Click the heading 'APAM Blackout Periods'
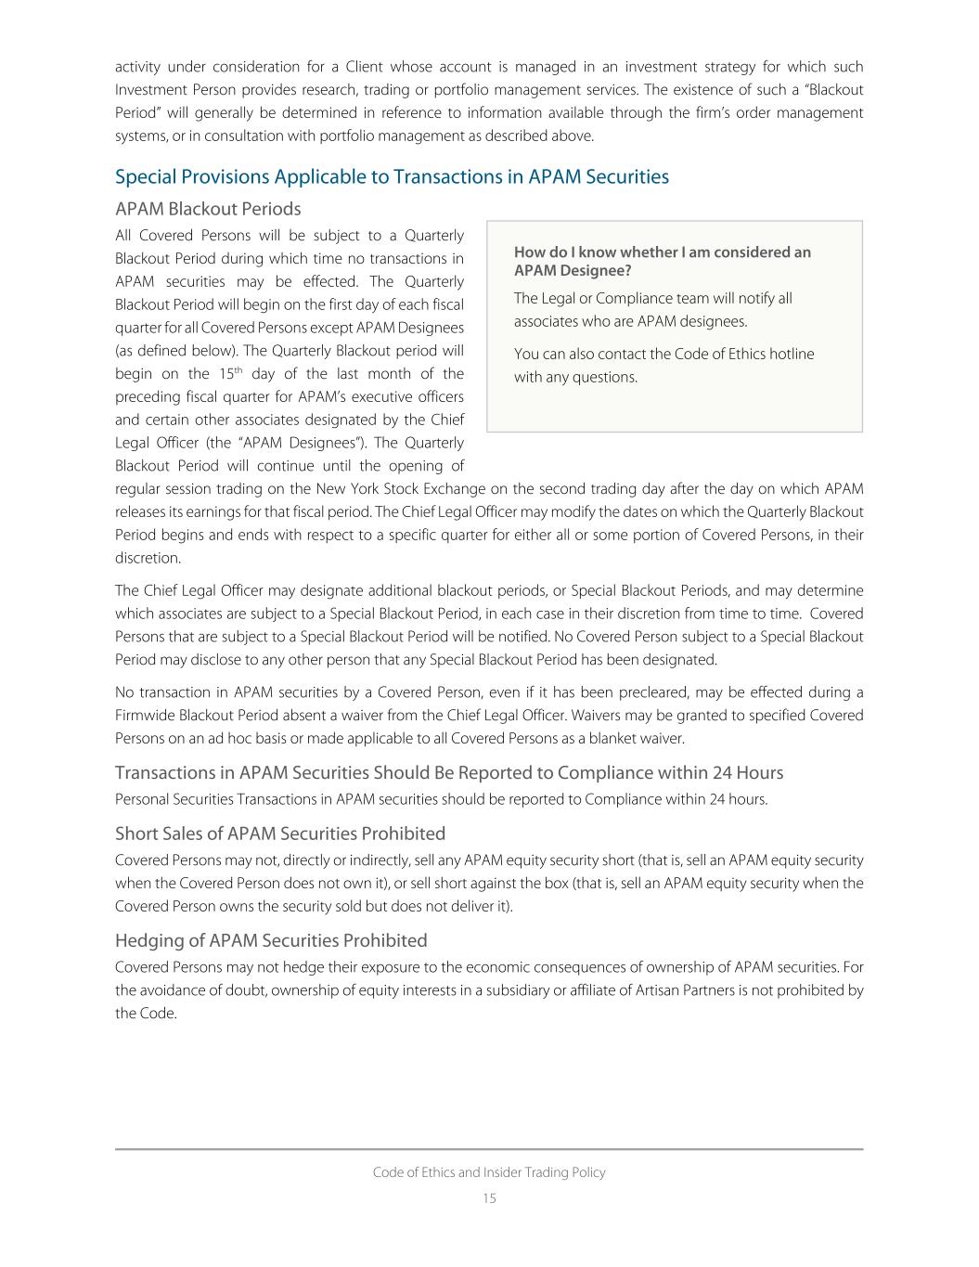tap(208, 209)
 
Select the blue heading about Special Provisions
tap(392, 176)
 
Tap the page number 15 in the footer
tap(489, 1198)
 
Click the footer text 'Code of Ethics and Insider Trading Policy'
tap(489, 1172)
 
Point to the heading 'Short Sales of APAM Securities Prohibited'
tap(280, 834)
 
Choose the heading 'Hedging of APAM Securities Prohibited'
tap(271, 940)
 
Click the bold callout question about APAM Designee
tap(662, 261)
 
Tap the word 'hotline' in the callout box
tap(791, 354)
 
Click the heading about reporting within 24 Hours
tap(449, 773)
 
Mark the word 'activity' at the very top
tap(136, 67)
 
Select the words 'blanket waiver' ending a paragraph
tap(640, 739)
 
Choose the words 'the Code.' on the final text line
tap(146, 1014)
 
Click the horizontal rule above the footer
tap(489, 1149)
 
